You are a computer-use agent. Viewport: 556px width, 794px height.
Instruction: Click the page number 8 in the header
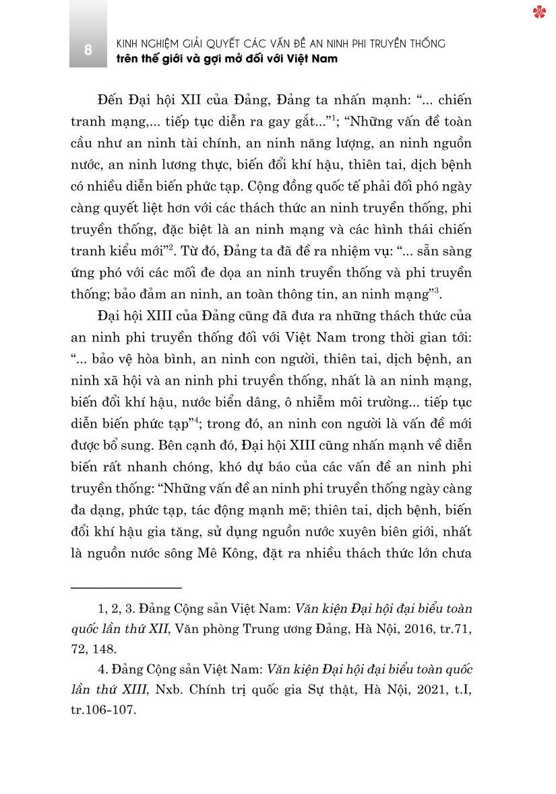click(88, 50)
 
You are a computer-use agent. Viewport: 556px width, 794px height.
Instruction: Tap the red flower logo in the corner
click(538, 11)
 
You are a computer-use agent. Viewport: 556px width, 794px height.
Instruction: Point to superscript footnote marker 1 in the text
click(334, 116)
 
